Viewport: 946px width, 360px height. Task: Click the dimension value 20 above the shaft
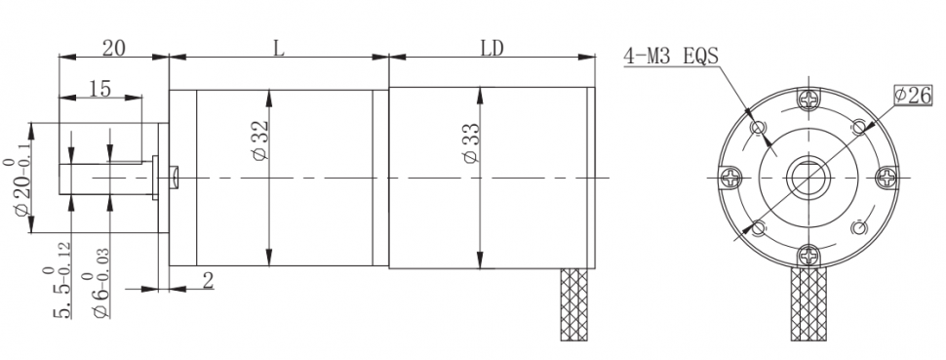(x=113, y=49)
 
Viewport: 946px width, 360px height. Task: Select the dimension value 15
(x=100, y=89)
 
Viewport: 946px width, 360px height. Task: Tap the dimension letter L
(x=278, y=49)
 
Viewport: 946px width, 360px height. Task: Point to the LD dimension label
(x=492, y=49)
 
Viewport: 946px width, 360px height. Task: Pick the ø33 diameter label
(x=472, y=142)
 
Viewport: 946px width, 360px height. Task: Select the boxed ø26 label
(x=914, y=95)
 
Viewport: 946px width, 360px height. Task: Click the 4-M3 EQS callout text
(x=671, y=57)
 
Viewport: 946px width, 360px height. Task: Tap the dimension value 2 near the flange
(x=208, y=280)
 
